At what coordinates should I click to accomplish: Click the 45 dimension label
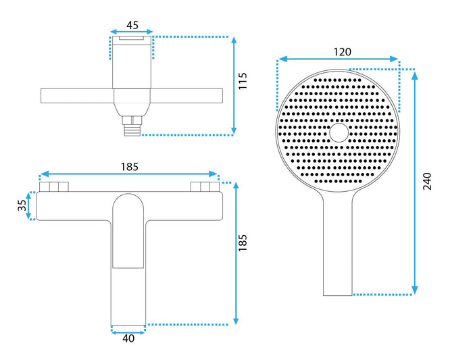click(x=132, y=25)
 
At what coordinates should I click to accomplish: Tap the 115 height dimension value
click(x=243, y=81)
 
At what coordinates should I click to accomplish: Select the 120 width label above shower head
click(x=343, y=52)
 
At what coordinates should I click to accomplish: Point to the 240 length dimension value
click(x=427, y=181)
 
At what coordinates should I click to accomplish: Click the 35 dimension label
click(x=22, y=205)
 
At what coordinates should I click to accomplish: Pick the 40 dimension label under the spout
click(x=128, y=338)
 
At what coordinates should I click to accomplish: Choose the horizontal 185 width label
click(x=130, y=167)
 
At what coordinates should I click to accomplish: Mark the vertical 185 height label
click(x=243, y=242)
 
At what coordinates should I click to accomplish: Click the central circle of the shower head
click(x=339, y=132)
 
